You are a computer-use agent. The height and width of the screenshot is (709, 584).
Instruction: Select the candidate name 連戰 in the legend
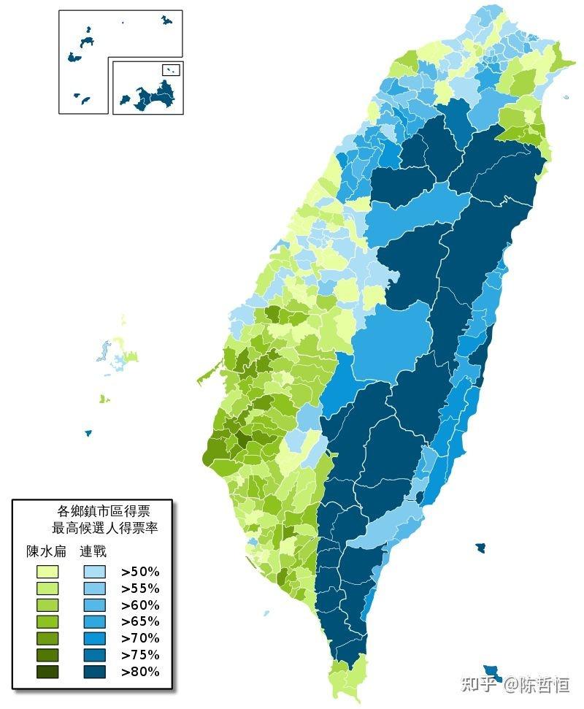tap(93, 551)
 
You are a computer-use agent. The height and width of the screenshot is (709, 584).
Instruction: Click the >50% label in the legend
tap(140, 572)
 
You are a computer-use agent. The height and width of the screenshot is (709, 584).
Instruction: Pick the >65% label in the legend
tap(140, 621)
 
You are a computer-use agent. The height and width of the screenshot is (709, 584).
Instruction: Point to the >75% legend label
tap(140, 655)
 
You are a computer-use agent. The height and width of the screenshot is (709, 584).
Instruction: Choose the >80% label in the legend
tap(140, 672)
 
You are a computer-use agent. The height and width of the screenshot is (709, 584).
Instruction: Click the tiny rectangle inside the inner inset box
tap(171, 70)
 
